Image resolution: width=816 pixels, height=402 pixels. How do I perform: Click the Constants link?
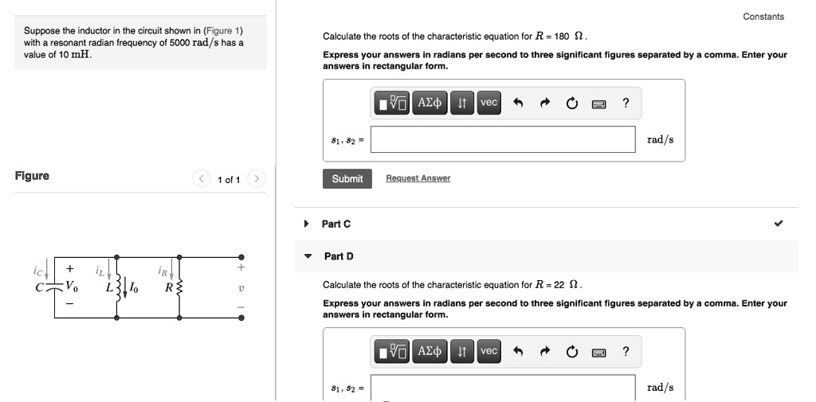point(763,17)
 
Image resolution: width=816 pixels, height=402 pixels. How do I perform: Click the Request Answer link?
point(418,178)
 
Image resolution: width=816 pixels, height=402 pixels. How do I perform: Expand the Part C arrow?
point(307,224)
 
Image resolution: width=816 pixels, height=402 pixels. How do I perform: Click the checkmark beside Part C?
point(779,224)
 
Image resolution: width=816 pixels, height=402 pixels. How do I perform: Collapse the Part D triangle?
point(308,256)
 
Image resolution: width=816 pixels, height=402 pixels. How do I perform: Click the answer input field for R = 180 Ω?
point(502,139)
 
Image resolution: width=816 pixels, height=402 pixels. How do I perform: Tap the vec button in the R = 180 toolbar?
point(488,103)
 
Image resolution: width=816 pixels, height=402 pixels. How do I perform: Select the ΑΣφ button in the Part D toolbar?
point(430,351)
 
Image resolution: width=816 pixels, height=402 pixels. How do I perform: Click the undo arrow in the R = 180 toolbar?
point(518,103)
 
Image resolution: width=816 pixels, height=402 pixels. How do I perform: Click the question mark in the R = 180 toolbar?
point(626,103)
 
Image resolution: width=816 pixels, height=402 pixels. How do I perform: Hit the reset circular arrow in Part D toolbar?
point(572,351)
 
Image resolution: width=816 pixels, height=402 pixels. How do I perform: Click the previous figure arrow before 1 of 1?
point(202,179)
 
